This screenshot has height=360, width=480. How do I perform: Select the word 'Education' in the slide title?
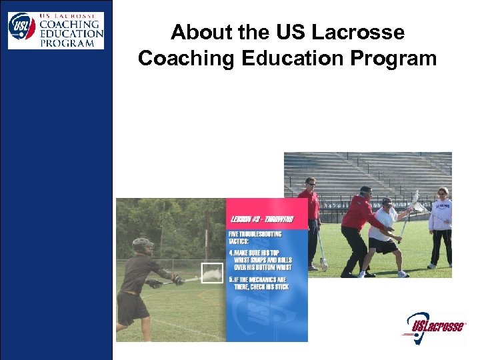tap(289, 59)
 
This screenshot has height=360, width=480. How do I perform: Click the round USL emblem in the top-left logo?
tap(22, 27)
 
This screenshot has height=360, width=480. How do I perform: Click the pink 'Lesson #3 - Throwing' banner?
tap(266, 218)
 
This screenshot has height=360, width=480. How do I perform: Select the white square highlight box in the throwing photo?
tap(212, 274)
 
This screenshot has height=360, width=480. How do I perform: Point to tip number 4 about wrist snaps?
tap(266, 260)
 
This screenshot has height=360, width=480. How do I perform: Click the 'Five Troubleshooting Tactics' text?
tap(257, 238)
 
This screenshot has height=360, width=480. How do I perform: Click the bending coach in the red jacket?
tap(361, 230)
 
